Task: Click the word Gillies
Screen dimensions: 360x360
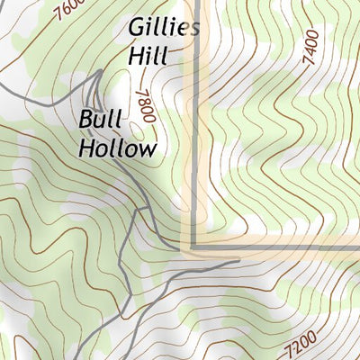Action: tap(163, 28)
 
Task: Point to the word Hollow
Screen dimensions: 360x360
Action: tap(118, 148)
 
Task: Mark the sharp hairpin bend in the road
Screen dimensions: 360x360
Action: tap(94, 74)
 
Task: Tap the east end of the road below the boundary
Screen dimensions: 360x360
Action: tap(239, 262)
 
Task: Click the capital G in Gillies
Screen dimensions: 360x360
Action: tap(138, 26)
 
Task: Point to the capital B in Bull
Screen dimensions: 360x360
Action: tap(86, 119)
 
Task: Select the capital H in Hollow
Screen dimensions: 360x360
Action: tap(88, 148)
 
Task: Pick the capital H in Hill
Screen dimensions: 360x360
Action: tap(135, 56)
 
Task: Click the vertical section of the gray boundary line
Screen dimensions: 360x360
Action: tap(195, 135)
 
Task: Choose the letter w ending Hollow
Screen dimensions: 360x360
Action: tap(148, 149)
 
